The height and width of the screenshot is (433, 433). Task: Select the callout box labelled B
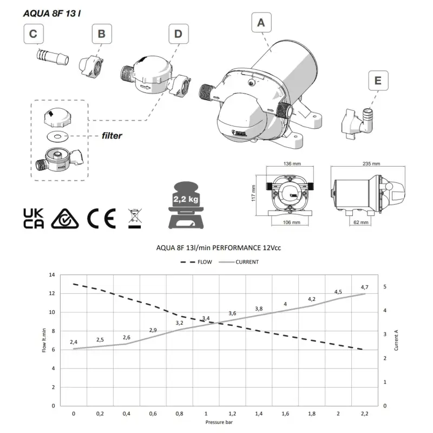tap(101, 35)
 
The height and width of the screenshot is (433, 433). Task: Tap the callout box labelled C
tap(34, 35)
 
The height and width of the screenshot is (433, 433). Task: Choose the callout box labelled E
tap(378, 81)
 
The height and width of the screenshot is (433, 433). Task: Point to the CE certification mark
tap(101, 218)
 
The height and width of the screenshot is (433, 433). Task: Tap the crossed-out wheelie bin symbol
tap(133, 218)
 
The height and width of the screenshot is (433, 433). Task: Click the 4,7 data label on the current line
tap(364, 287)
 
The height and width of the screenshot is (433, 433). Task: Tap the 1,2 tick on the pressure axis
tap(232, 414)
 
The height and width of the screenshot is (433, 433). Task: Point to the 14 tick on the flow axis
tap(52, 275)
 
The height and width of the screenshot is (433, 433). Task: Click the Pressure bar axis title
tap(219, 421)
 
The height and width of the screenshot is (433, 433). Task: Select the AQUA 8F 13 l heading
tap(53, 12)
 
